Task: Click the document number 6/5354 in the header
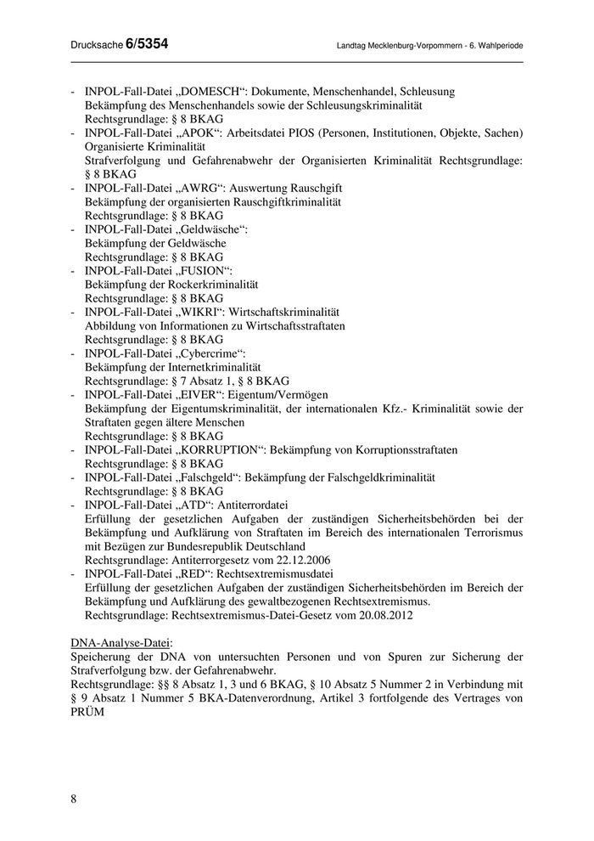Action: click(146, 44)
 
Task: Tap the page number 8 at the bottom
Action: click(74, 798)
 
